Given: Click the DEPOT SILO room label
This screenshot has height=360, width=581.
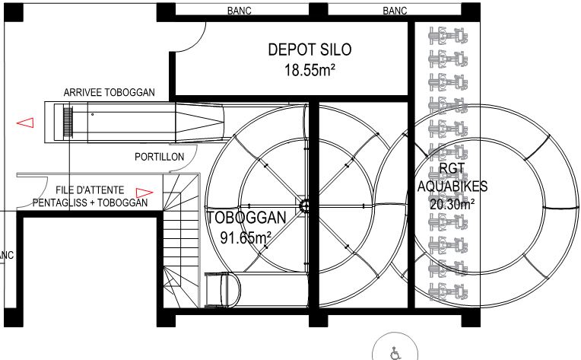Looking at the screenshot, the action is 310,49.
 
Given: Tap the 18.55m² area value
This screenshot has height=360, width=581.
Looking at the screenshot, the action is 310,70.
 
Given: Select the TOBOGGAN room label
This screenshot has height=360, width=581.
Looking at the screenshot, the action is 247,218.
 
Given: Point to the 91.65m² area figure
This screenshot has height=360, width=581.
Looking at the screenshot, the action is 246,237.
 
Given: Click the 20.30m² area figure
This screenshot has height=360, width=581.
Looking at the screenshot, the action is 452,203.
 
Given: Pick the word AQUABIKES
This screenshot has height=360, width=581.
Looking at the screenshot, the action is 452,186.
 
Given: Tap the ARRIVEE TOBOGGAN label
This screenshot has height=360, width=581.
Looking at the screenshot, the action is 110,92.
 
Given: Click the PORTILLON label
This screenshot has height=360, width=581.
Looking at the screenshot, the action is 160,157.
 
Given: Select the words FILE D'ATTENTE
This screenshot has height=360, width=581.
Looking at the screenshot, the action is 90,190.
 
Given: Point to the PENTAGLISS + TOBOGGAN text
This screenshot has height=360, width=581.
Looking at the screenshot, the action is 90,202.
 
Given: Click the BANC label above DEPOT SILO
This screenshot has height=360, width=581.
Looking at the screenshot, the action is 240,11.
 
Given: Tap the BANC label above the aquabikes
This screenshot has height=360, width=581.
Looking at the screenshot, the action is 395,11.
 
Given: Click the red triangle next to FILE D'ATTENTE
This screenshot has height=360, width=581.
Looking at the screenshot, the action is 144,193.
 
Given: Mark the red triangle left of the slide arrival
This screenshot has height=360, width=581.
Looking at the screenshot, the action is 25,123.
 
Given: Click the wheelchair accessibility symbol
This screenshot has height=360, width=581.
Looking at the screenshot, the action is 395,353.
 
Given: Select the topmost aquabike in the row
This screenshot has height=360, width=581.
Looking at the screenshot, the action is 448,36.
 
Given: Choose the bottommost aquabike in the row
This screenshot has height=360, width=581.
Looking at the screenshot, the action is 448,292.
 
